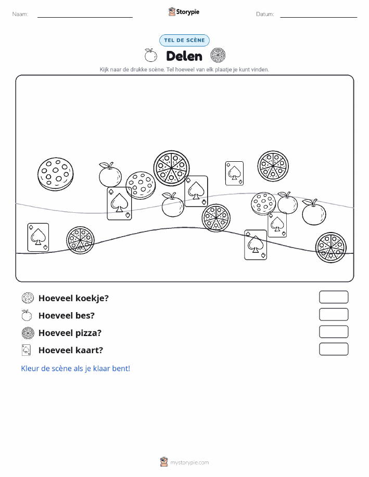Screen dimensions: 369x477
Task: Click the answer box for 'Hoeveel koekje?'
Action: click(334, 297)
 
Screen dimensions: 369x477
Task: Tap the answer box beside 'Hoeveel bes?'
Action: click(334, 314)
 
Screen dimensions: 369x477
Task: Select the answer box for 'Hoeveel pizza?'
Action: click(334, 331)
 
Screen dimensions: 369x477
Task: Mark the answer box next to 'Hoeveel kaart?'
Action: click(334, 349)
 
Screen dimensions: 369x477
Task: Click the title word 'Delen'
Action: click(184, 56)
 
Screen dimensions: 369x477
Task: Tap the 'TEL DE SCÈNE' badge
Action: click(184, 40)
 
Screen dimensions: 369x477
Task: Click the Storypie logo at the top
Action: click(184, 12)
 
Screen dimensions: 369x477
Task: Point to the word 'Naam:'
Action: click(20, 14)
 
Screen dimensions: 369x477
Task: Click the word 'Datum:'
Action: click(265, 14)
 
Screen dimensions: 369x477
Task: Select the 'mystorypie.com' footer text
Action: click(189, 462)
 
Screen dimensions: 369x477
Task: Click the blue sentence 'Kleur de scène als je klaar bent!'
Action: click(75, 368)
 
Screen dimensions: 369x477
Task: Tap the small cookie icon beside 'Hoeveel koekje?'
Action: click(28, 298)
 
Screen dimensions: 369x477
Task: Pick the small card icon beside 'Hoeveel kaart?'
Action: click(27, 350)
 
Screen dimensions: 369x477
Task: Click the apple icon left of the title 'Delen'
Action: click(151, 55)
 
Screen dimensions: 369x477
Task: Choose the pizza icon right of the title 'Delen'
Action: click(218, 55)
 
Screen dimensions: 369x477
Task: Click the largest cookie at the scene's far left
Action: click(55, 174)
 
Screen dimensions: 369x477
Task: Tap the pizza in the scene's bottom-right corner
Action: click(330, 247)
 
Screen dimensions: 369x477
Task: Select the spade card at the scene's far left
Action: click(38, 237)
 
